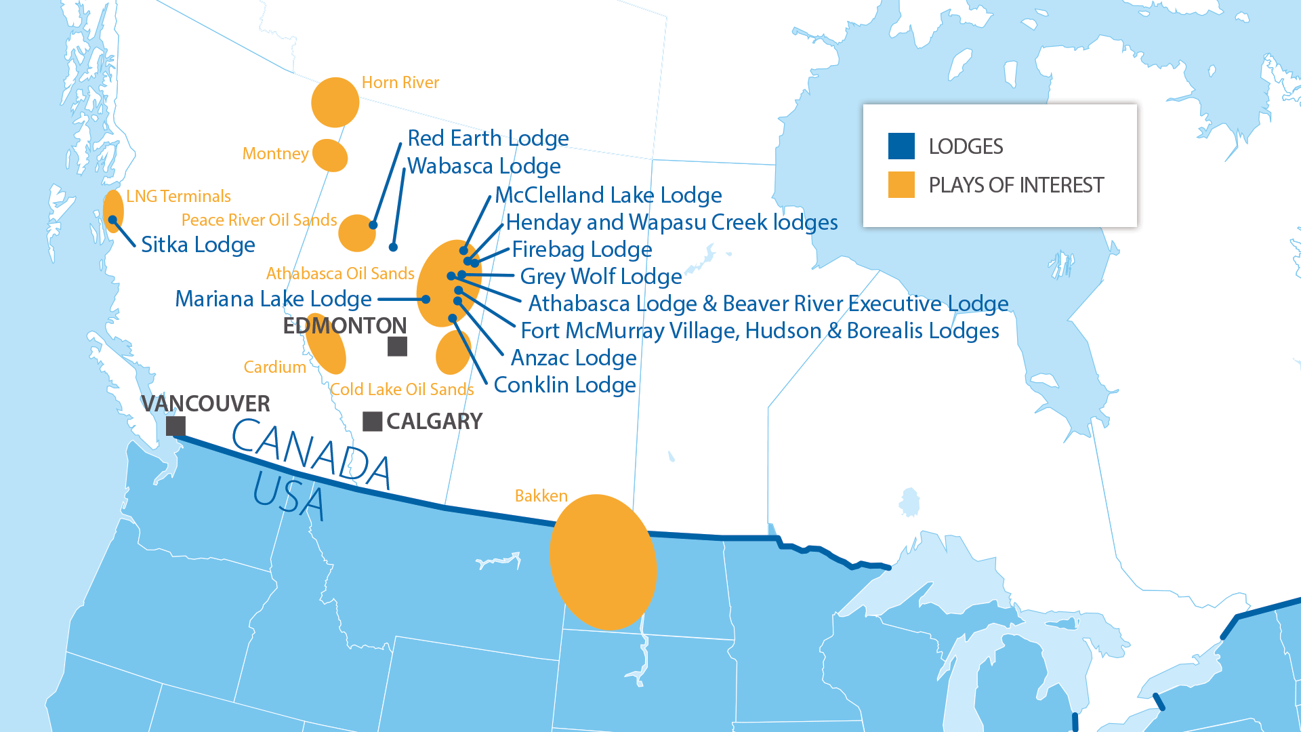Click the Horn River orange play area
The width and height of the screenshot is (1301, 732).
click(335, 102)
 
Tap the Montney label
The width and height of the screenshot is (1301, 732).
click(275, 154)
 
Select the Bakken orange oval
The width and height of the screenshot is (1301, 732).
click(602, 562)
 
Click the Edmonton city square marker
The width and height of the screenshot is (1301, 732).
click(397, 346)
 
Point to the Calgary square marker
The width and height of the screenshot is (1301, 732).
click(372, 421)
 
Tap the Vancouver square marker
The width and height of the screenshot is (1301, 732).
click(175, 426)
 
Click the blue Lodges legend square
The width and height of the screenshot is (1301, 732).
click(901, 146)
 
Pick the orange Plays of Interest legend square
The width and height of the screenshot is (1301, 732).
click(901, 184)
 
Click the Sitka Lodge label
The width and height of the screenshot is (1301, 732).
click(198, 245)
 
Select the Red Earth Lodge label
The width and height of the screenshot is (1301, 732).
click(488, 138)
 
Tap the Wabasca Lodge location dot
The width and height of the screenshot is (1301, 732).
click(393, 247)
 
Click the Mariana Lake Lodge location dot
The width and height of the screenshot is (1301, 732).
click(426, 299)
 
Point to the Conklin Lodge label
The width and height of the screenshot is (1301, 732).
click(564, 385)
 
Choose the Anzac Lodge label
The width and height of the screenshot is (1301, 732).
click(573, 358)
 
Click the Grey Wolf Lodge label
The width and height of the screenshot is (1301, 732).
click(600, 277)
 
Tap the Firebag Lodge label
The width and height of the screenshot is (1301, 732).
click(581, 249)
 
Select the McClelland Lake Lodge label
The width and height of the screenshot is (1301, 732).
click(608, 195)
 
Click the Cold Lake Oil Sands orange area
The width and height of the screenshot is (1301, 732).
click(453, 353)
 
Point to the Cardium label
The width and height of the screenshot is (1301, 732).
click(274, 367)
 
